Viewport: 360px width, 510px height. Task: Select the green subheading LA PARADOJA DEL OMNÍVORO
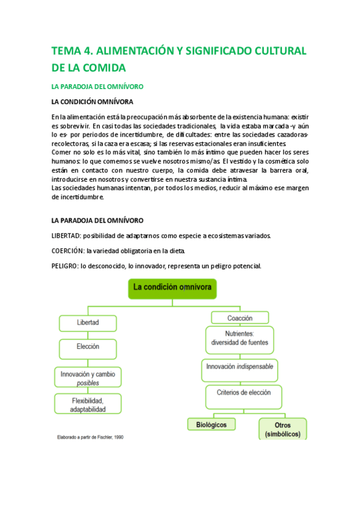point(97,87)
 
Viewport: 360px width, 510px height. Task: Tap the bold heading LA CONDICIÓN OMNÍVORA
point(93,102)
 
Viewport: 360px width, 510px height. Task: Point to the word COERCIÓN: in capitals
point(67,251)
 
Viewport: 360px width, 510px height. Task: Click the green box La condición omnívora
point(172,289)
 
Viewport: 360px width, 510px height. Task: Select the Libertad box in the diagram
point(88,323)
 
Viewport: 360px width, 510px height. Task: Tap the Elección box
point(88,348)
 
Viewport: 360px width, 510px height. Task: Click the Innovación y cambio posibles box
point(88,378)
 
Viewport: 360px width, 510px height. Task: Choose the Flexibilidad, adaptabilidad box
point(88,405)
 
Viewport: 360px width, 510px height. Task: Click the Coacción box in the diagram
point(239,318)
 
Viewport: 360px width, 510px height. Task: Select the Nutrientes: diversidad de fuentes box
point(239,339)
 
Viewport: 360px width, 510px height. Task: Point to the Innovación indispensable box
point(239,366)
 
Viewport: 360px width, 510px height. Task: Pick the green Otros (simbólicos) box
point(282,429)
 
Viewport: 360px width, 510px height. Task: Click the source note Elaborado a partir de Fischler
point(90,437)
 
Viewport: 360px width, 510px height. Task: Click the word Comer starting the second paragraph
point(61,153)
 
